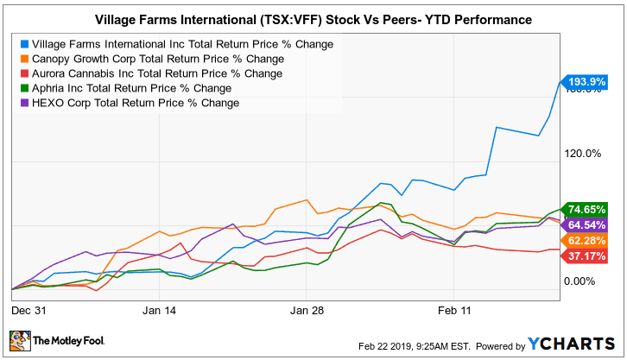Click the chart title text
[x=313, y=18]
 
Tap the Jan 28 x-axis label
[x=308, y=307]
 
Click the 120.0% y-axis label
[x=581, y=154]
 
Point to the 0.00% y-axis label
[x=581, y=281]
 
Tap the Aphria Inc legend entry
[x=131, y=89]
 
